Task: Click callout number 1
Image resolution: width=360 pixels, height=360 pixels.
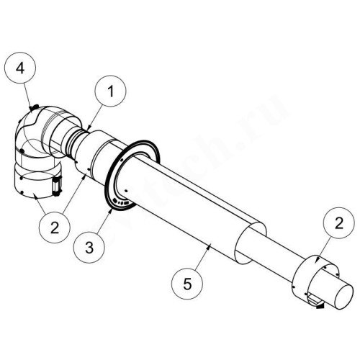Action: pyautogui.click(x=110, y=91)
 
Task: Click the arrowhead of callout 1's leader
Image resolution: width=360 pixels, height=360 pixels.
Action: pyautogui.click(x=88, y=130)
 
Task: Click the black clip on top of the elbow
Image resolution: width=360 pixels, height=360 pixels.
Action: pyautogui.click(x=32, y=108)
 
